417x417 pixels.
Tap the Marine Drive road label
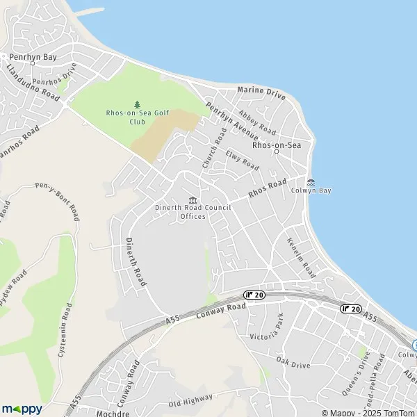[261, 90]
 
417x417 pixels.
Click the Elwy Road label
[247, 161]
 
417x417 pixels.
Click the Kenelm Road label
[302, 258]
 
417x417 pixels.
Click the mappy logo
[22, 409]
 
